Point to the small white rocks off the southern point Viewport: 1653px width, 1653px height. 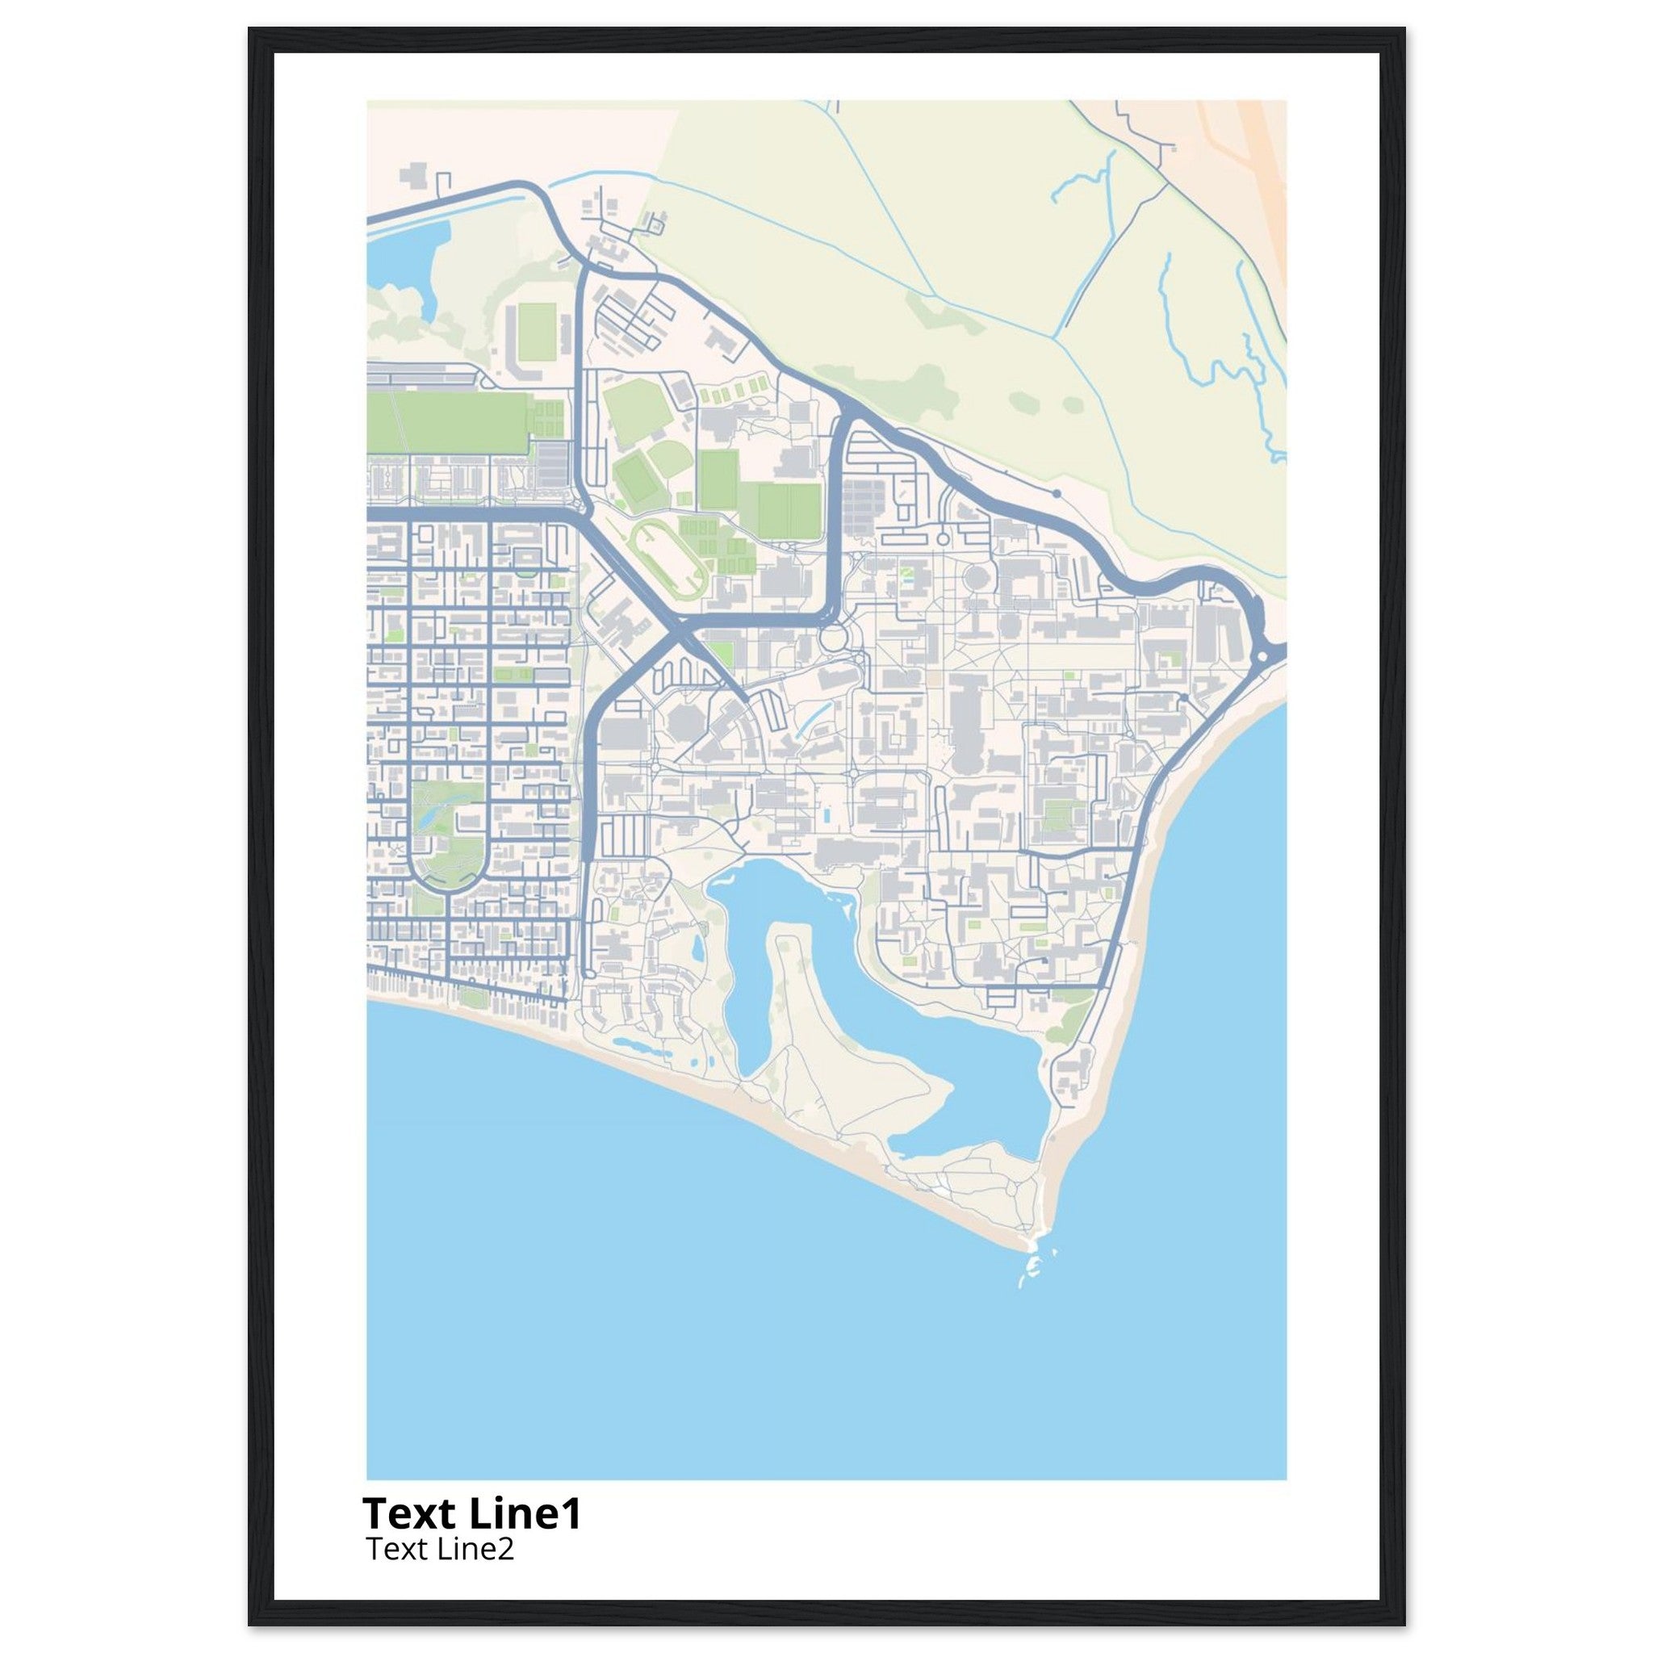pos(1032,1287)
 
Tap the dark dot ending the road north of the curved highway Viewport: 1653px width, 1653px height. pos(1057,494)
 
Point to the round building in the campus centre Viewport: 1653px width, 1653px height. pos(974,575)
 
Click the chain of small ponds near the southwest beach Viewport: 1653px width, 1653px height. pos(633,1044)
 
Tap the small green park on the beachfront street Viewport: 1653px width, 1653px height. pos(471,996)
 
